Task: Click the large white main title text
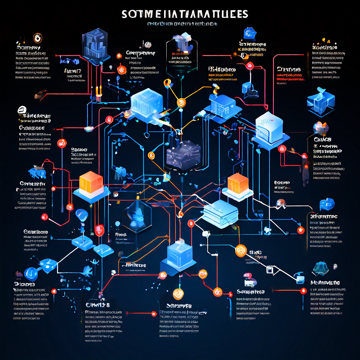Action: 185,14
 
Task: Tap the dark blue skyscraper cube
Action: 94,45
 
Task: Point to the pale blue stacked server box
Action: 220,213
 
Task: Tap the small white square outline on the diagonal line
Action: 270,270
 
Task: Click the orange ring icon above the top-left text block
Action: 37,38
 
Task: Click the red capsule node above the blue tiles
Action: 99,230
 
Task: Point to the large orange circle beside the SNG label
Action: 241,250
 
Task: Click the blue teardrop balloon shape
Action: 81,214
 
